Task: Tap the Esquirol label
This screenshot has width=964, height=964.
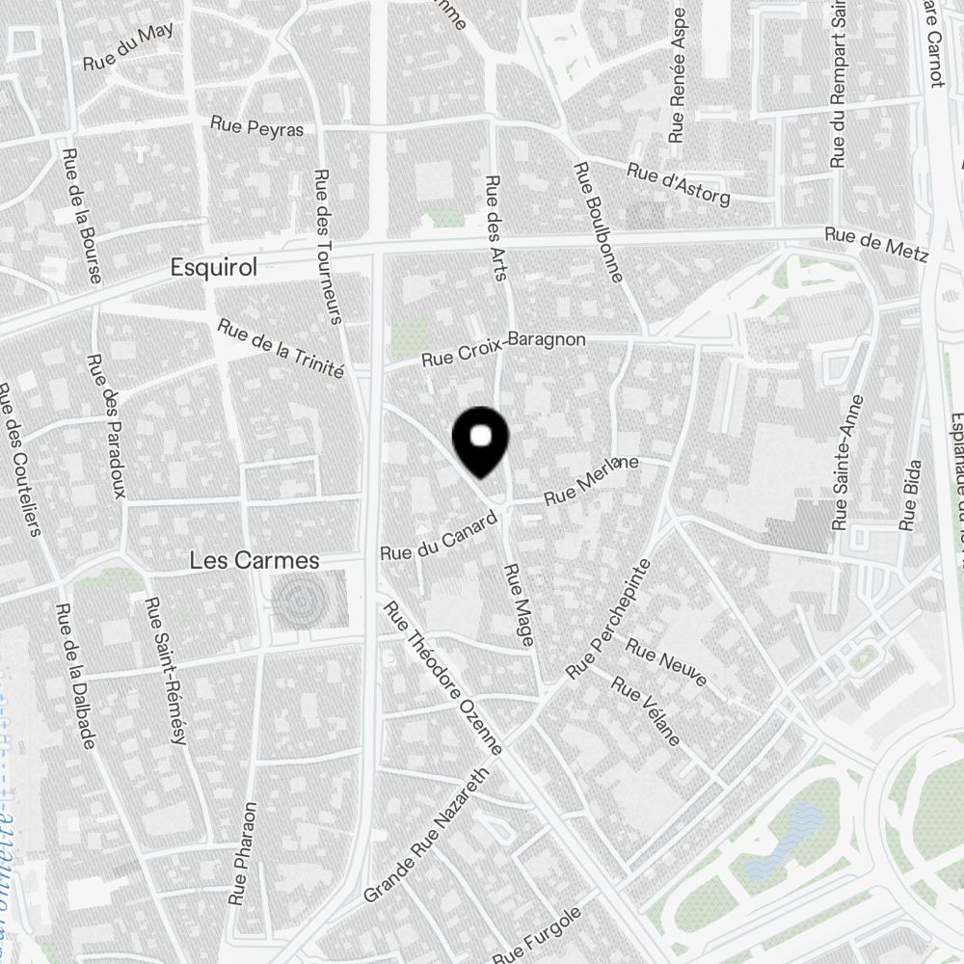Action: tap(213, 268)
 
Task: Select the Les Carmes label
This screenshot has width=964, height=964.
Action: tap(254, 559)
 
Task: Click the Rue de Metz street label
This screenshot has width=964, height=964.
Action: tap(875, 245)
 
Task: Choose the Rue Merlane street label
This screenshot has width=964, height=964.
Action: tap(592, 479)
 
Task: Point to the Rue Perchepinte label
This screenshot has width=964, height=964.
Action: tap(607, 618)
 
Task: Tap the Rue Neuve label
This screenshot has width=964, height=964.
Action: tap(666, 662)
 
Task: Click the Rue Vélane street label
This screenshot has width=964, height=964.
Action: tap(647, 714)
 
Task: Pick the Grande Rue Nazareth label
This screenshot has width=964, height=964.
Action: tap(427, 836)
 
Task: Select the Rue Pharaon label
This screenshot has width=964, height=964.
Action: tap(243, 853)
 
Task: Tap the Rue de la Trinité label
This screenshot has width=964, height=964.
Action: tap(281, 348)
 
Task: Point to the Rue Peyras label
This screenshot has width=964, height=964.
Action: tap(257, 127)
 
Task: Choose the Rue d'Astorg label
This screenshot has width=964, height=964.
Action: tap(678, 183)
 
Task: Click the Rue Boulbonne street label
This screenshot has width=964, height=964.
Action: tap(598, 223)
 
